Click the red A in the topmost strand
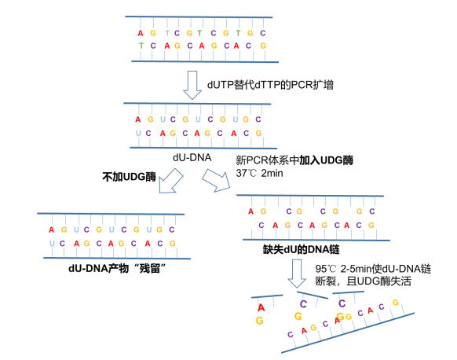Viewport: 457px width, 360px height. click(x=141, y=33)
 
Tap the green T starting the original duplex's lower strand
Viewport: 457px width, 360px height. click(x=141, y=46)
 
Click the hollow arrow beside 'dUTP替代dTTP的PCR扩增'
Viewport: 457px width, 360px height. click(x=192, y=85)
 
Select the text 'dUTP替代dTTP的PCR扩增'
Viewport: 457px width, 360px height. click(x=270, y=85)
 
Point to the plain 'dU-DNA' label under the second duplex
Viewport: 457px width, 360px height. click(x=192, y=157)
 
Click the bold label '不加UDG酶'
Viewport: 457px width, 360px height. click(x=129, y=177)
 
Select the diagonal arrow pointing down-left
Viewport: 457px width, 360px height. click(x=170, y=182)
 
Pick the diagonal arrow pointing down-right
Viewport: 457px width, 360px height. click(x=216, y=180)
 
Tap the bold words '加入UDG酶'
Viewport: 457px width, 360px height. click(x=327, y=160)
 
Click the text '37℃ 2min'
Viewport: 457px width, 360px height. click(x=259, y=173)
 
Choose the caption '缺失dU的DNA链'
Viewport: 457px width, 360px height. click(x=302, y=250)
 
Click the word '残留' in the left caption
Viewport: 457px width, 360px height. click(x=150, y=268)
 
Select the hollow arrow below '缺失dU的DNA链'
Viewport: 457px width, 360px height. click(x=297, y=274)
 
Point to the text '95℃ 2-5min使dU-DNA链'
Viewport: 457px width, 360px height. click(x=373, y=269)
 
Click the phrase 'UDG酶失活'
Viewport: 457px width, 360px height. click(x=384, y=281)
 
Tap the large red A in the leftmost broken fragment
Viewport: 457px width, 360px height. click(x=261, y=307)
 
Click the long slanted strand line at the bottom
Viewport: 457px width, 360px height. click(x=348, y=333)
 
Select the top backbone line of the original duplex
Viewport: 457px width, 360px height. click(x=199, y=17)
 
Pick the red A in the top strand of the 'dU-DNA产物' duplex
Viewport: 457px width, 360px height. click(x=52, y=230)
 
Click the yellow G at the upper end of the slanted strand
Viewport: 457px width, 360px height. click(x=396, y=303)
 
